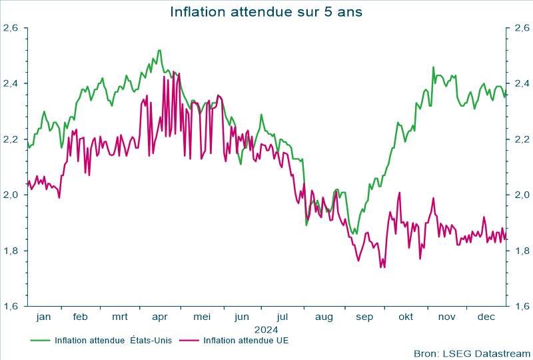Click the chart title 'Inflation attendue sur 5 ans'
pyautogui.click(x=266, y=12)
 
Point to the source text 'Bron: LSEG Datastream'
pyautogui.click(x=471, y=353)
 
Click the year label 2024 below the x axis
pyautogui.click(x=266, y=329)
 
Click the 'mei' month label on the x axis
pyautogui.click(x=201, y=317)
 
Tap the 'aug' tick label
pyautogui.click(x=323, y=317)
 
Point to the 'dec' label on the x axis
pyautogui.click(x=486, y=317)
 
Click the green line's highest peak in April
pyautogui.click(x=159, y=50)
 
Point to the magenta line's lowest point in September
pyautogui.click(x=381, y=268)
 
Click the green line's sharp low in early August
pyautogui.click(x=306, y=225)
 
